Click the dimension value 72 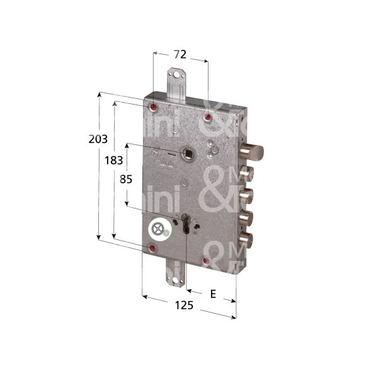(x=180, y=54)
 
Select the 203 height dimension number (x=98, y=139)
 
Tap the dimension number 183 (x=113, y=160)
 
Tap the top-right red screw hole (x=209, y=116)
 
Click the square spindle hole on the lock (x=187, y=152)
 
